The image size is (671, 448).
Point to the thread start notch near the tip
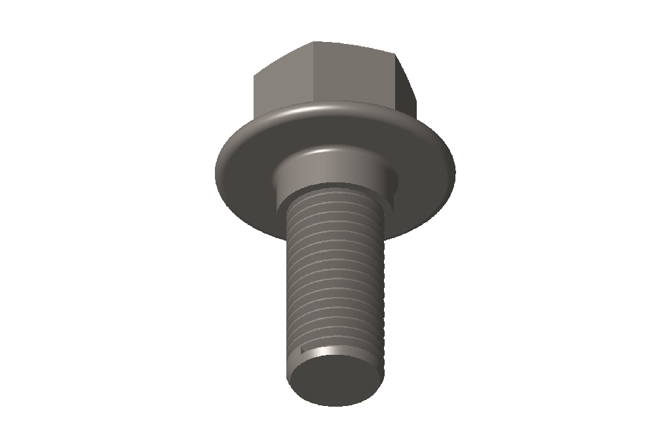coord(303,349)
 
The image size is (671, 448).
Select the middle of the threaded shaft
coord(333,275)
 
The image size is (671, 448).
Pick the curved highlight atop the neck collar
coord(328,152)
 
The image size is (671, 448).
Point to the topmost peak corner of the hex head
coord(314,43)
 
